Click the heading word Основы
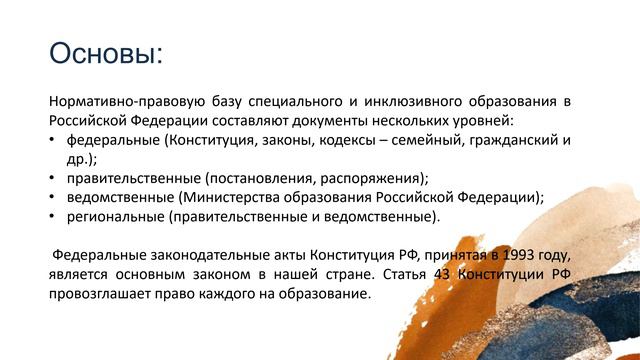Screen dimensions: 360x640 [105, 52]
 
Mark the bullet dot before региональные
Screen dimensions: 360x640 [53, 215]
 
